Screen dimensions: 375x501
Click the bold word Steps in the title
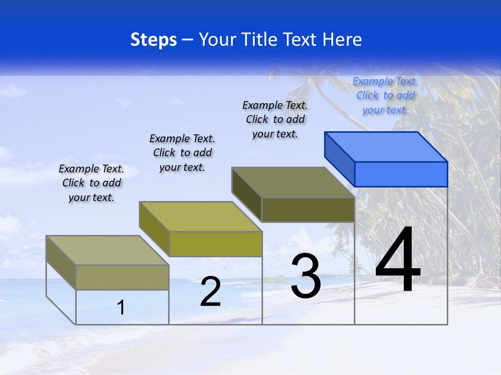click(x=153, y=40)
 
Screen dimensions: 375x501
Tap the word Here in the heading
click(x=342, y=40)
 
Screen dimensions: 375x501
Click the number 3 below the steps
click(x=306, y=276)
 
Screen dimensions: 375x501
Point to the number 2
click(x=210, y=292)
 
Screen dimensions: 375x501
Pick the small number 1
click(x=121, y=307)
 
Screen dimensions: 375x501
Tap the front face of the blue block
click(x=401, y=174)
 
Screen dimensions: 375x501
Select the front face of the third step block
click(x=308, y=210)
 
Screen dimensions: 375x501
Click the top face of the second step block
click(x=200, y=217)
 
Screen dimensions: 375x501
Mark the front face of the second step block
click(x=216, y=244)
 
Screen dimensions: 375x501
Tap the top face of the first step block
click(x=108, y=250)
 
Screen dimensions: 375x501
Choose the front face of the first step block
click(x=122, y=277)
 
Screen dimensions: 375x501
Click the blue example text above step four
click(x=385, y=96)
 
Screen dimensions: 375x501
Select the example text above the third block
click(x=275, y=119)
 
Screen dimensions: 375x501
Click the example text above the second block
click(x=182, y=153)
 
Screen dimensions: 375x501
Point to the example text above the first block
click(x=91, y=183)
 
